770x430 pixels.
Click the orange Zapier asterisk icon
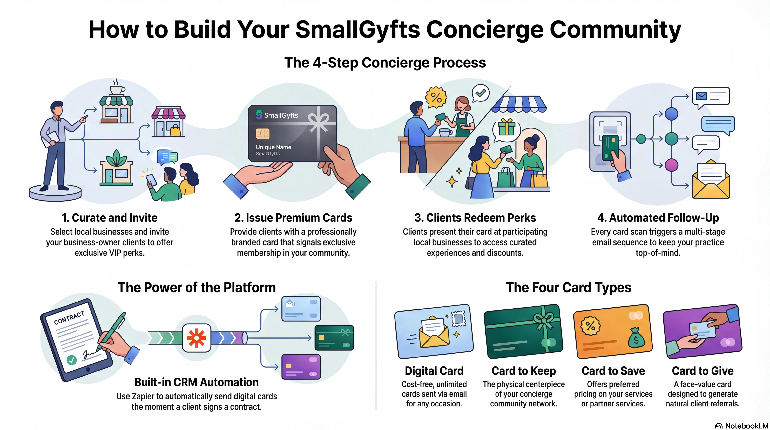196,338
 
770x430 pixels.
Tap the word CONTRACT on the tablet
69,318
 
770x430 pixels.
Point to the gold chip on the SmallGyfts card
262,133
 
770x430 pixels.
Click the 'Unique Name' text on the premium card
273,147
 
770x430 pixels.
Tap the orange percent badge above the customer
436,97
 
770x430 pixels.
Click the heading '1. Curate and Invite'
109,218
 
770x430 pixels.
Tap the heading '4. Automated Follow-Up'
658,218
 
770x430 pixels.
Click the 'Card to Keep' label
523,371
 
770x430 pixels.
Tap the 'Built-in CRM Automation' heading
196,382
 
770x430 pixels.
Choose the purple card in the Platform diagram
301,367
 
